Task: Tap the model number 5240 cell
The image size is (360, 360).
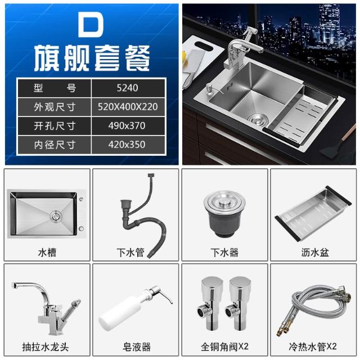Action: tap(128, 88)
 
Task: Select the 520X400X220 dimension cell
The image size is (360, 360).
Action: tap(128, 107)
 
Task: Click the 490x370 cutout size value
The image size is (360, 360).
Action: tap(127, 126)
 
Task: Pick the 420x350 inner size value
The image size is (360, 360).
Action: tap(127, 145)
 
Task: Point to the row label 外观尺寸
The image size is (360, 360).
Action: tap(55, 107)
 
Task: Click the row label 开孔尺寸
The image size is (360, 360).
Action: tap(55, 126)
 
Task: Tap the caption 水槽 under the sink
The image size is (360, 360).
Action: tap(47, 253)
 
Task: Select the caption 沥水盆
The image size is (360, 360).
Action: tap(315, 253)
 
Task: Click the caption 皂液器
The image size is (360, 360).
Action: tap(137, 346)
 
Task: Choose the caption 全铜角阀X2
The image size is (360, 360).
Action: tap(224, 346)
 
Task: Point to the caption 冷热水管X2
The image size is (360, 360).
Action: tap(313, 346)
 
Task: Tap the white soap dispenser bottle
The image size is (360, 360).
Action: tap(136, 308)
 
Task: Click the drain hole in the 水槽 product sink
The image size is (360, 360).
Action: tap(56, 216)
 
